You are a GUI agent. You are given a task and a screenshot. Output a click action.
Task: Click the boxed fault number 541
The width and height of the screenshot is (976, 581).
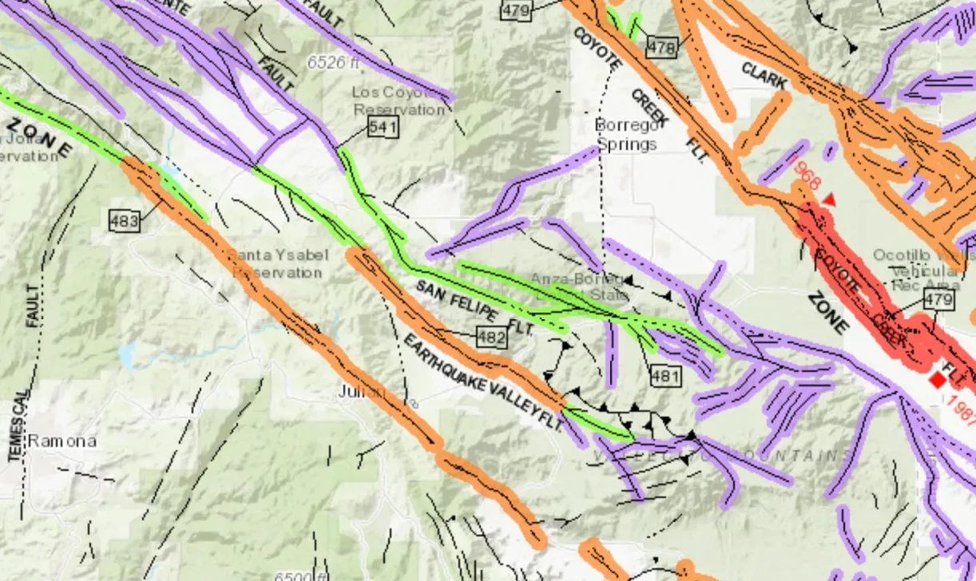[383, 128]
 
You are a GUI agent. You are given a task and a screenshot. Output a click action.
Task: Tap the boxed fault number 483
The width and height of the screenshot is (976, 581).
[124, 221]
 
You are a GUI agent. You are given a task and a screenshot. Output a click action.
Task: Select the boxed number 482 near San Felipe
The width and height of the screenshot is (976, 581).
[491, 338]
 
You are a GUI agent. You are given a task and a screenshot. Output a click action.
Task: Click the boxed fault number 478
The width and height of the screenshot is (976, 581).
[661, 48]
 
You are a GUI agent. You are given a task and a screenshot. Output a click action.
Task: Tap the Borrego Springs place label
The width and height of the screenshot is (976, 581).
[626, 135]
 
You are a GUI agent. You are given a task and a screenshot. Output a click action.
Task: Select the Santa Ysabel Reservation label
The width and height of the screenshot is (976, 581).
[278, 263]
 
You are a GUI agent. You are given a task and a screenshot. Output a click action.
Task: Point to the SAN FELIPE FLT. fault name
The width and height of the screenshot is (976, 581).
[474, 306]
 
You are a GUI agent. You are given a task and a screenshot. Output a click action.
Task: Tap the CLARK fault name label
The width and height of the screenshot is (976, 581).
[764, 77]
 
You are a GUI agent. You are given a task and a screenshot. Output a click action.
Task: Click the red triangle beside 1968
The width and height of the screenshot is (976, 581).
[831, 199]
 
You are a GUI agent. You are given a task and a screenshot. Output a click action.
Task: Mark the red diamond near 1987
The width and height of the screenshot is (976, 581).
[937, 381]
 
